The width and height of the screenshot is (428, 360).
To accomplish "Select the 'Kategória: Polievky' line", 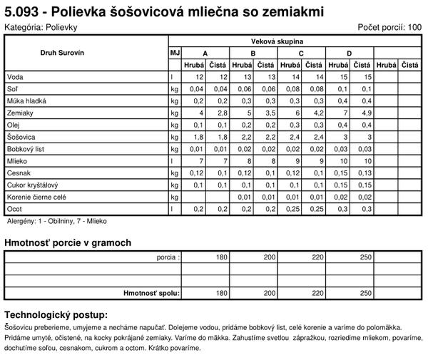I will (x=41, y=27).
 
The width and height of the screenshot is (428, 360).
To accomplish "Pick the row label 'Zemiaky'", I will (x=19, y=113).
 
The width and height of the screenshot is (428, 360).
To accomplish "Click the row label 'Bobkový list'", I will (x=25, y=149).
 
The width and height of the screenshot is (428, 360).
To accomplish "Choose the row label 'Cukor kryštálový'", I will (x=31, y=185).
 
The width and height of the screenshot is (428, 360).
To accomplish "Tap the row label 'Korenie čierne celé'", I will (x=36, y=197).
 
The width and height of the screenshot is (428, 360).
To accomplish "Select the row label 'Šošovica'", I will (x=21, y=137).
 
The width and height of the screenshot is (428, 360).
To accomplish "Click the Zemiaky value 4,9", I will (x=367, y=113).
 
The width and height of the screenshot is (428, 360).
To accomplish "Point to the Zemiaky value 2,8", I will (x=223, y=113).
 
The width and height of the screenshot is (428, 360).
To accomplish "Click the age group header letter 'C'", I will (x=301, y=53).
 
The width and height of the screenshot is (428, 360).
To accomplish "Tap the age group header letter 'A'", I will (x=205, y=53).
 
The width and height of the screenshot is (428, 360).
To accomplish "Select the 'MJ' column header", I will (x=174, y=53).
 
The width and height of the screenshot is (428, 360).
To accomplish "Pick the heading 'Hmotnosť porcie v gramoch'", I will (x=68, y=243).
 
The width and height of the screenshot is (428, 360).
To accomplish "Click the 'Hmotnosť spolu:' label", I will (x=152, y=292).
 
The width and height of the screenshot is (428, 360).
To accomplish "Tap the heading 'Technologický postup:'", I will (x=56, y=314).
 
